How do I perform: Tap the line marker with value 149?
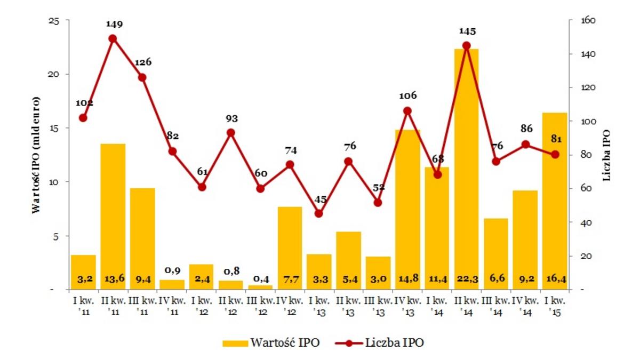point(113,38)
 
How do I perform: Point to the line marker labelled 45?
point(319,213)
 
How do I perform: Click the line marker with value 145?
point(467,46)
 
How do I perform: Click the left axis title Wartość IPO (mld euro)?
point(36,155)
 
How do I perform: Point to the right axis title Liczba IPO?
point(606,155)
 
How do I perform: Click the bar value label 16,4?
point(555,278)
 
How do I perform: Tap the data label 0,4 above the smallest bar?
point(260,278)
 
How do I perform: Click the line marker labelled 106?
point(407,111)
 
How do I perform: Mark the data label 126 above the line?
point(142,62)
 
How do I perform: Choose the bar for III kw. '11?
point(142,238)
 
